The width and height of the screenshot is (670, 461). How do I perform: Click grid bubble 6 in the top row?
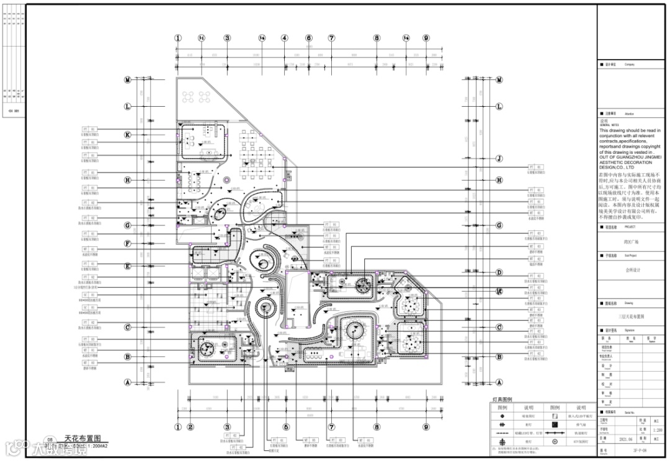click(x=308, y=38)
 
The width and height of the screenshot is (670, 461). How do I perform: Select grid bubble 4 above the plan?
click(x=285, y=38)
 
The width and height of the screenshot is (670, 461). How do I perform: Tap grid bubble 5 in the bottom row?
click(x=286, y=427)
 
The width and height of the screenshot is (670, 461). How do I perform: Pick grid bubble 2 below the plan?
click(x=191, y=427)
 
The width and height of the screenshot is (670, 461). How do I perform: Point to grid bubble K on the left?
click(x=127, y=135)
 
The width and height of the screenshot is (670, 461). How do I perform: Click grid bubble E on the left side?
click(x=127, y=266)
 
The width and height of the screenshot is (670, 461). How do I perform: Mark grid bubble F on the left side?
click(x=127, y=244)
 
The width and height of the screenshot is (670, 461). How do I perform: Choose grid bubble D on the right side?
click(x=499, y=272)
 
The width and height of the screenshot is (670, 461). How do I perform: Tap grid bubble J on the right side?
click(x=499, y=158)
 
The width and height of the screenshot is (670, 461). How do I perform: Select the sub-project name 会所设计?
click(x=632, y=271)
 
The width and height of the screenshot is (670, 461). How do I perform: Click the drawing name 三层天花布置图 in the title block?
click(x=632, y=315)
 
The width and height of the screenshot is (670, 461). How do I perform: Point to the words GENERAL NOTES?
click(x=610, y=125)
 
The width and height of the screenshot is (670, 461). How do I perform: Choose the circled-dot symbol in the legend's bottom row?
click(x=555, y=441)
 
